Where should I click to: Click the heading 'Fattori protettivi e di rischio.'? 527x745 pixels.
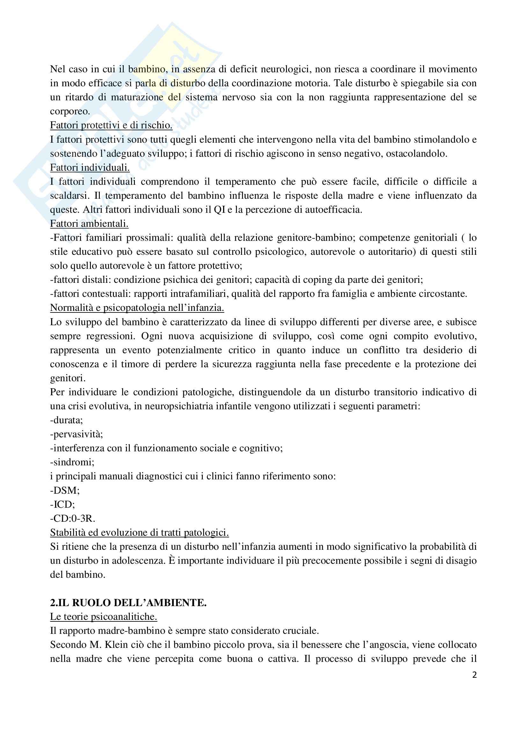coord(111,125)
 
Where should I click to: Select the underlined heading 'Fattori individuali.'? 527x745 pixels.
coord(90,168)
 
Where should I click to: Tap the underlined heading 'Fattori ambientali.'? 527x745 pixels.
coord(89,224)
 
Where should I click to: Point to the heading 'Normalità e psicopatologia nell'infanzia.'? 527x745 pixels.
coord(137,308)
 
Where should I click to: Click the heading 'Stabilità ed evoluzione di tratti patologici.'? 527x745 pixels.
coord(139,533)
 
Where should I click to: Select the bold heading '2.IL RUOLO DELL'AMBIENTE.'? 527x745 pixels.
coord(128,603)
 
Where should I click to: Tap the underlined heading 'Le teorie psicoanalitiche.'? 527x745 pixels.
coord(104,617)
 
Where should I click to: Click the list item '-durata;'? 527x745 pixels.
coord(67,420)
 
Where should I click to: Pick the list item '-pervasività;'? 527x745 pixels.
coord(76,434)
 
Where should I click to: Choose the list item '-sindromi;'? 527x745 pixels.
coord(72,462)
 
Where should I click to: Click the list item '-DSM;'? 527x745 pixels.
coord(65,490)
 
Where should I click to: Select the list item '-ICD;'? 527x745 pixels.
coord(62,504)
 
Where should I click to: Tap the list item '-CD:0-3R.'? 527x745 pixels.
coord(72,519)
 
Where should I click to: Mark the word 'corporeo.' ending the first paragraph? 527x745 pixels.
coord(70,111)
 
